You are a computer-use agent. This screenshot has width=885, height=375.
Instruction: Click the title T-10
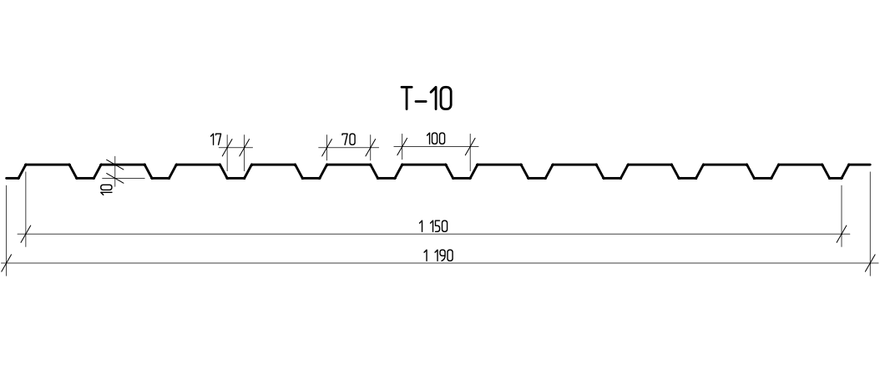click(x=426, y=99)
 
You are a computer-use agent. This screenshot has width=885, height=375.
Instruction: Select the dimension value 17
click(x=215, y=139)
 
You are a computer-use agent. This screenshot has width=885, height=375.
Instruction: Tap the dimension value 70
click(x=349, y=139)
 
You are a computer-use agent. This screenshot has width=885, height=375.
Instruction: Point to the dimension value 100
click(x=435, y=139)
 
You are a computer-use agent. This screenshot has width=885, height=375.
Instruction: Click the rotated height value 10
click(x=107, y=188)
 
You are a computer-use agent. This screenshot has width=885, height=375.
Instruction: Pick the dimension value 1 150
click(x=433, y=226)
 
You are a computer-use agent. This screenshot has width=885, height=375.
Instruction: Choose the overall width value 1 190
click(x=438, y=256)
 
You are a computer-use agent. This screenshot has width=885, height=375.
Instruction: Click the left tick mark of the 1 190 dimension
click(x=6, y=262)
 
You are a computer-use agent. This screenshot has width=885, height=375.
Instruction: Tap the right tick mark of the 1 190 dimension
click(x=870, y=262)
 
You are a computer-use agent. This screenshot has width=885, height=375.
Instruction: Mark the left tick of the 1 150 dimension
click(x=26, y=233)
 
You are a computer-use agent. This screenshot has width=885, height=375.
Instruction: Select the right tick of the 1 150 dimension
click(x=842, y=233)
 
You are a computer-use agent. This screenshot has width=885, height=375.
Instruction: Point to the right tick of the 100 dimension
click(x=471, y=147)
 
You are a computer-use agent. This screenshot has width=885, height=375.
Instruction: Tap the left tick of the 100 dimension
click(x=402, y=147)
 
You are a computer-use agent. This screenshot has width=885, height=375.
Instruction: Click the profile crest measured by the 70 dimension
click(x=349, y=165)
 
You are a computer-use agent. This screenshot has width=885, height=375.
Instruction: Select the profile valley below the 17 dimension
click(x=236, y=178)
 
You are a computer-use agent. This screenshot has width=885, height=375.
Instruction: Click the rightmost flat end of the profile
click(x=860, y=165)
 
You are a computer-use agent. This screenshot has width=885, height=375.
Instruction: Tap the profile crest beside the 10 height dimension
click(x=123, y=165)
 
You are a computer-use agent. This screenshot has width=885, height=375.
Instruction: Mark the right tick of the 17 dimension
click(x=245, y=147)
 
